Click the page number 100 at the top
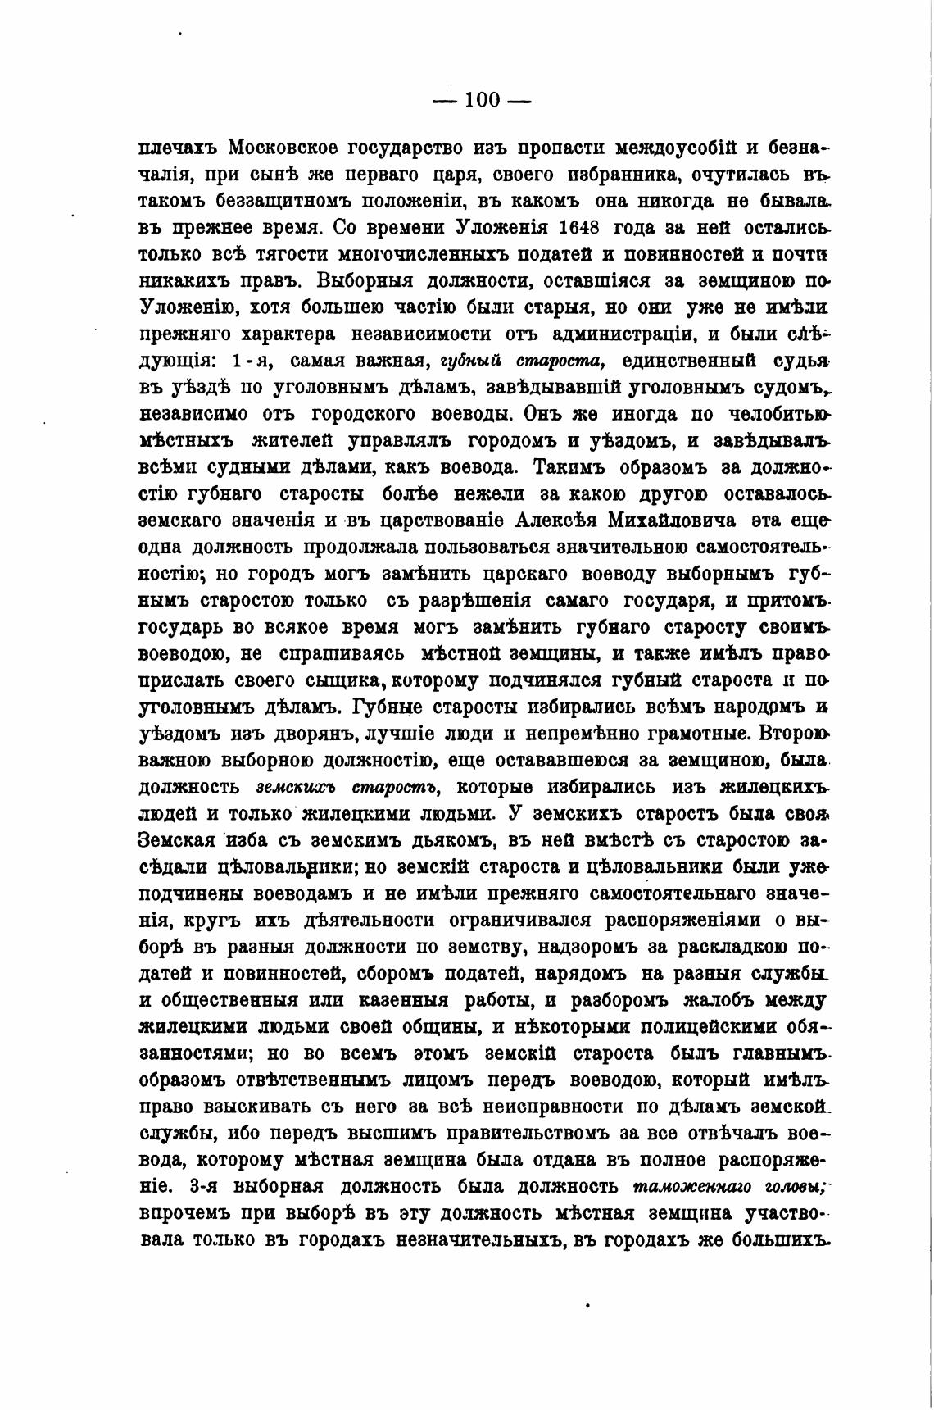point(482,100)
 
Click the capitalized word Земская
point(177,840)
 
